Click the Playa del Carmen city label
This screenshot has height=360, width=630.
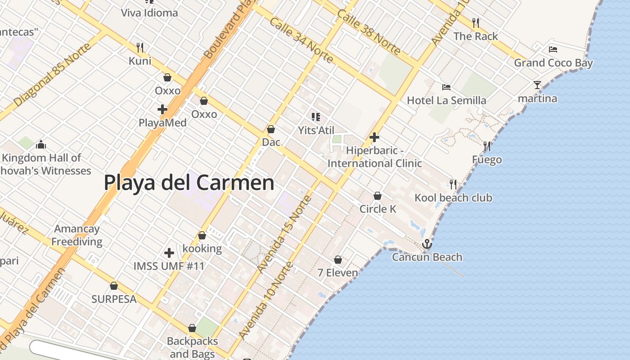click(189, 183)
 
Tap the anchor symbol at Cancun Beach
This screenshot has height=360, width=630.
click(427, 244)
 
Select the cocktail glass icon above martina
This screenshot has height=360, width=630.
click(537, 85)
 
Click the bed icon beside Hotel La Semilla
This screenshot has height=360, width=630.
click(446, 87)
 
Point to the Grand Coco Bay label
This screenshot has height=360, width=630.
click(553, 63)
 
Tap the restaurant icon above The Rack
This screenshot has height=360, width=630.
click(476, 22)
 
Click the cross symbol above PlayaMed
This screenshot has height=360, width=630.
click(162, 109)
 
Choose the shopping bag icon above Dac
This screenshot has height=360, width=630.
click(271, 129)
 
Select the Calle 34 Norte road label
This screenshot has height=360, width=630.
click(301, 40)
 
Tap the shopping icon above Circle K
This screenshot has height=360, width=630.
click(378, 196)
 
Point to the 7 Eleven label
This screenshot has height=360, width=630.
click(337, 273)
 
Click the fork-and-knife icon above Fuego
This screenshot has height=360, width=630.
click(487, 146)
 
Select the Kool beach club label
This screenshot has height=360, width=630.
click(453, 198)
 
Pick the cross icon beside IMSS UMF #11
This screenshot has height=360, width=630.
click(169, 253)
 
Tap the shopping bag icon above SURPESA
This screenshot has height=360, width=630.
click(114, 286)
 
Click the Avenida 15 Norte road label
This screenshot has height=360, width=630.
click(284, 234)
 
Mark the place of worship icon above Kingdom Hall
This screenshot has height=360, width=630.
click(41, 144)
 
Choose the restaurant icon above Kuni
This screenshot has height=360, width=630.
click(140, 47)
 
